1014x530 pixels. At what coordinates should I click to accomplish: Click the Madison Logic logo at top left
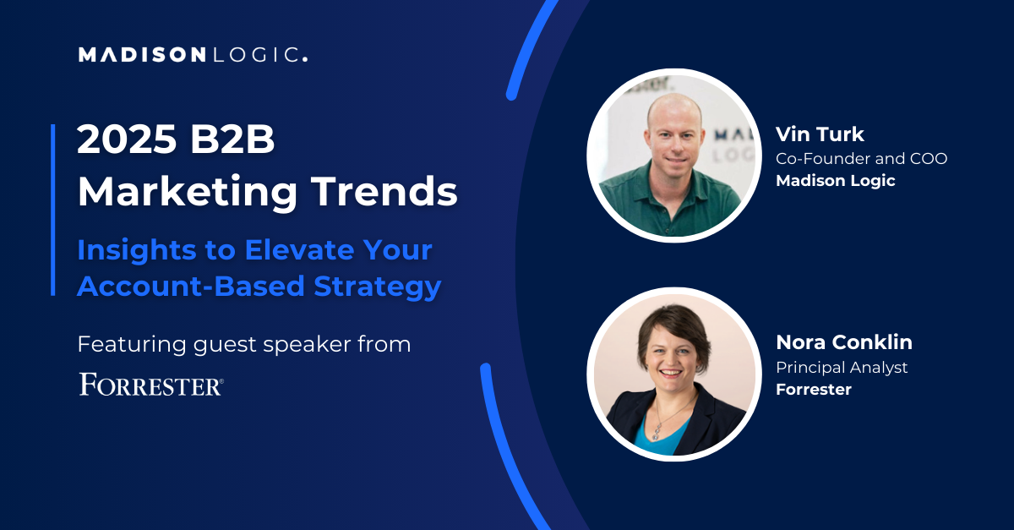click(x=194, y=55)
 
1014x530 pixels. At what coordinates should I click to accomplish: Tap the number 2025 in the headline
click(x=127, y=139)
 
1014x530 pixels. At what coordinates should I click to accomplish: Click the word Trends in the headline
click(x=384, y=192)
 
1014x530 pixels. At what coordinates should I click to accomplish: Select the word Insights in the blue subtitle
click(x=137, y=249)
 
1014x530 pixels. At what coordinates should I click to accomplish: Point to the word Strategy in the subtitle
click(x=378, y=287)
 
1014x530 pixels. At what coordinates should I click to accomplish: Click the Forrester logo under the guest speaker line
click(x=151, y=385)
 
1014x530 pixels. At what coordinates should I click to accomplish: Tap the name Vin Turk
click(x=820, y=134)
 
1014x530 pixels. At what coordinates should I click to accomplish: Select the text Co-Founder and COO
click(x=861, y=159)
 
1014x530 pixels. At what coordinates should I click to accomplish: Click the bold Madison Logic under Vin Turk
click(x=836, y=181)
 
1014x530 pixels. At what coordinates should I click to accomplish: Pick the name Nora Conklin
click(x=844, y=342)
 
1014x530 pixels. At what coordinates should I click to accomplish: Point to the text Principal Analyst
click(x=842, y=368)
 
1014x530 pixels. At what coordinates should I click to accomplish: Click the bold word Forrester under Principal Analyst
click(x=814, y=390)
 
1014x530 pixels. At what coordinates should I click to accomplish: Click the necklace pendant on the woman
click(x=656, y=432)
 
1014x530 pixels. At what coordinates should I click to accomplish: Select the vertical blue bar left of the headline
click(x=53, y=210)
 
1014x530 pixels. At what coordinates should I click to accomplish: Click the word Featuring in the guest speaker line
click(x=132, y=345)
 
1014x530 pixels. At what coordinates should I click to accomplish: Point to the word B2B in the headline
click(x=232, y=139)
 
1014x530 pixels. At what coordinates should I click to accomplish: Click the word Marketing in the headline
click(x=188, y=193)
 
